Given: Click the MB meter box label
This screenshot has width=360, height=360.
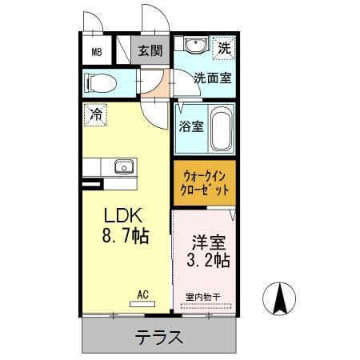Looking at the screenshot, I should point(97,53).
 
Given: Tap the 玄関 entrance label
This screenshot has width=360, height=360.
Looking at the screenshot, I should point(149,51).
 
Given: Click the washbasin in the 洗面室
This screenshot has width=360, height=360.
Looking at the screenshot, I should point(194,46).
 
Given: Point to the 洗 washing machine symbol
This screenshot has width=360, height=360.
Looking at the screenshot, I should point(225,48).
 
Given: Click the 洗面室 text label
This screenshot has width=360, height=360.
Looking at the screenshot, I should point(213,78).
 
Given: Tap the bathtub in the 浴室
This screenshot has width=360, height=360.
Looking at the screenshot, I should point(222,128).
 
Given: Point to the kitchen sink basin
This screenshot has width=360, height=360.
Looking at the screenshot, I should point(123,167).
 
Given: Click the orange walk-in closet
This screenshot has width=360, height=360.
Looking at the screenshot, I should point(206,183).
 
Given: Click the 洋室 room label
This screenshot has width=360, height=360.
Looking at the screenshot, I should point(208,241).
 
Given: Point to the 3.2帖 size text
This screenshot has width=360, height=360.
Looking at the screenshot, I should point(209,260).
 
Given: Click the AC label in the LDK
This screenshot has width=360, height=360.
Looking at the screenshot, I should point(143,294).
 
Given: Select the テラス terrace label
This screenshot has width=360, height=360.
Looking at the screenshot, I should point(159,337).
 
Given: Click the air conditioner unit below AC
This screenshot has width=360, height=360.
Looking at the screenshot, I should point(143,305).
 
